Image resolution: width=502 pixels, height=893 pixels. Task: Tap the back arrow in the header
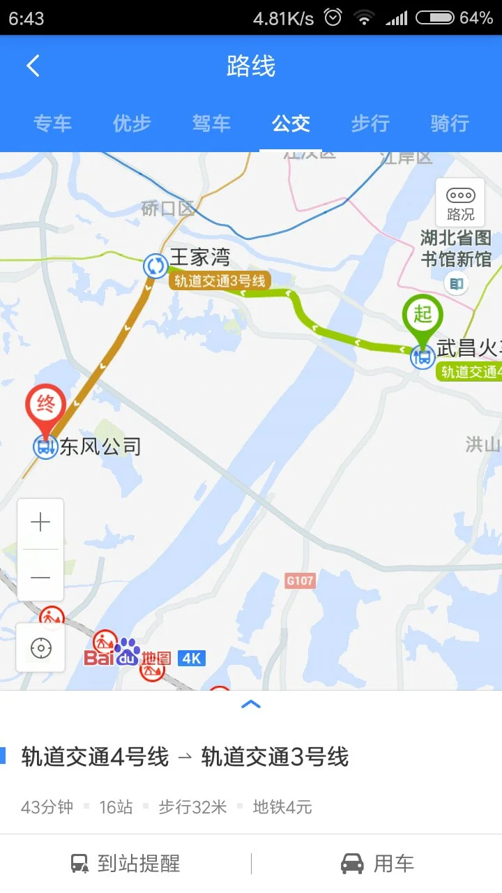[x=33, y=66]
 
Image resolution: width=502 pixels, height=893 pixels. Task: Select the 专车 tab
[x=52, y=123]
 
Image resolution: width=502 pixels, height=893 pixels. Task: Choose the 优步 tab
[x=132, y=123]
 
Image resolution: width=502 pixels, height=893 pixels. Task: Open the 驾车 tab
[x=211, y=123]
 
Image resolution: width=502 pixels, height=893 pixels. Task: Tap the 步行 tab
[x=370, y=123]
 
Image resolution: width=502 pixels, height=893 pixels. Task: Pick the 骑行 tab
[x=450, y=123]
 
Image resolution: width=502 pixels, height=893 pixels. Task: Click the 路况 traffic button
[x=460, y=203]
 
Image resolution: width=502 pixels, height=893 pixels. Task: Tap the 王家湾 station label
[x=199, y=257]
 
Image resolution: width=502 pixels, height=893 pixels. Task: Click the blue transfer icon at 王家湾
[x=155, y=266]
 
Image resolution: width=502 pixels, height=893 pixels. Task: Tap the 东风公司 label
[x=100, y=446]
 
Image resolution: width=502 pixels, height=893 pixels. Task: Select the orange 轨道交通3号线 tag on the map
[x=220, y=280]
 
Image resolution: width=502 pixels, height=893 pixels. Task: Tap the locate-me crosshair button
[x=41, y=648]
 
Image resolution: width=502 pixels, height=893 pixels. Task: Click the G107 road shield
[x=301, y=580]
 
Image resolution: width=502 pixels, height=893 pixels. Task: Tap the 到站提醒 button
[x=125, y=864]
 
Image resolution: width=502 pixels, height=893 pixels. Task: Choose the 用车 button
[x=377, y=864]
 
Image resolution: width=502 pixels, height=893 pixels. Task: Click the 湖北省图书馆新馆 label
[x=457, y=249]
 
